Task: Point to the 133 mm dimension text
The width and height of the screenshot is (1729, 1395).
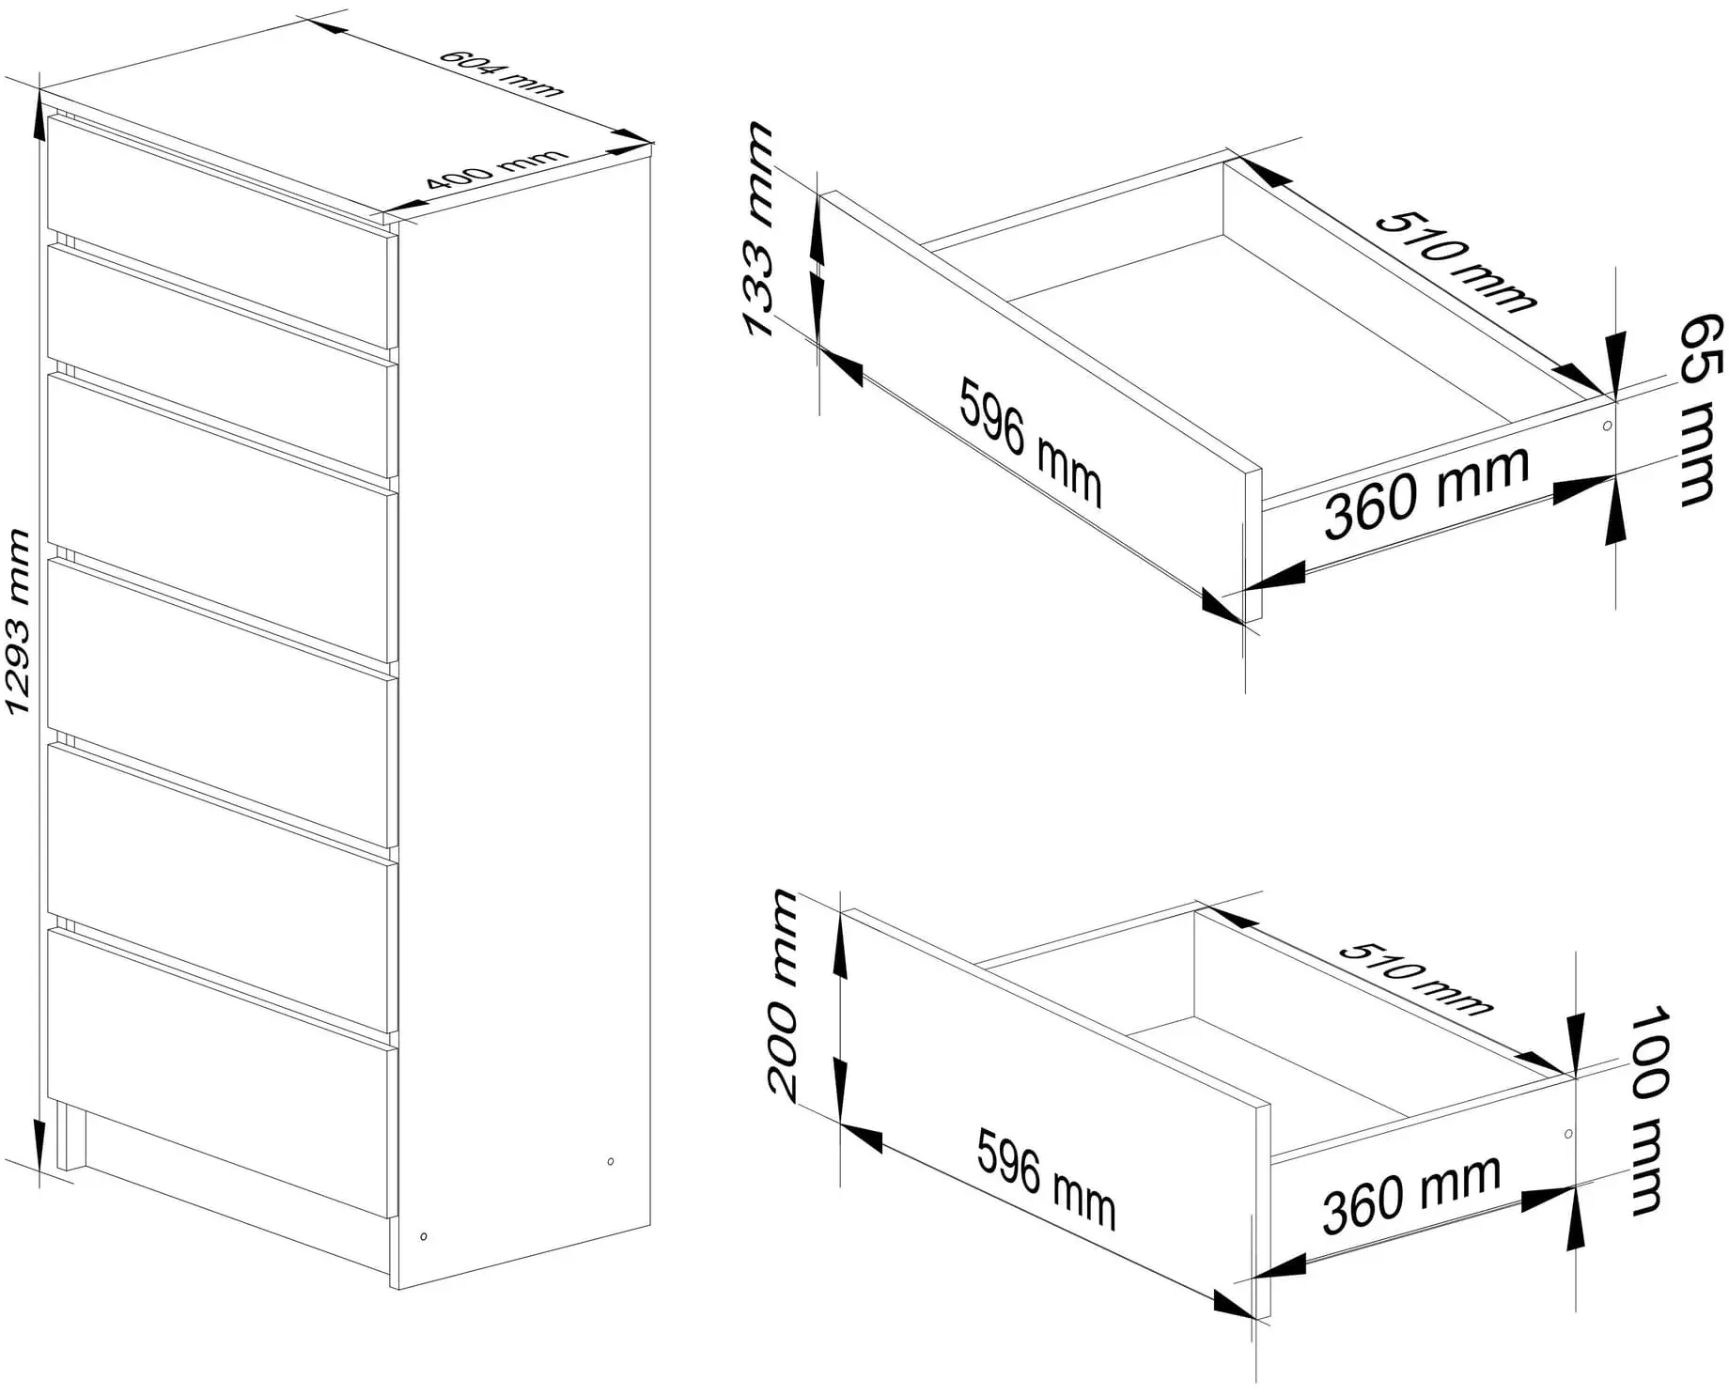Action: pyautogui.click(x=759, y=229)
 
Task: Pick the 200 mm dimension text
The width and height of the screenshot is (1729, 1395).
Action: pyautogui.click(x=784, y=994)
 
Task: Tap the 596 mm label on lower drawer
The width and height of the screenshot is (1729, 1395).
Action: pyautogui.click(x=1046, y=1180)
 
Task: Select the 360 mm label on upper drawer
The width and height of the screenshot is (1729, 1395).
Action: pyautogui.click(x=1427, y=494)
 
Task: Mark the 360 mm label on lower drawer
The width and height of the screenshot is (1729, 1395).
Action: pyautogui.click(x=1411, y=1195)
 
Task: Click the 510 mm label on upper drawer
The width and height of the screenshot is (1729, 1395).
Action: pyautogui.click(x=1456, y=262)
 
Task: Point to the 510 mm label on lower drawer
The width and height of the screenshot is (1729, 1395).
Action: pyautogui.click(x=1415, y=977)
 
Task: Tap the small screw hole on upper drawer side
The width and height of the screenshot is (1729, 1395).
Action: pyautogui.click(x=1606, y=426)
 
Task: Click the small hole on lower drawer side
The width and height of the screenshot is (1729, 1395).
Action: pyautogui.click(x=1568, y=1134)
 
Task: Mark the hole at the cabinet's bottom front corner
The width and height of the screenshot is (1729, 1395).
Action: pyautogui.click(x=424, y=1236)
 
